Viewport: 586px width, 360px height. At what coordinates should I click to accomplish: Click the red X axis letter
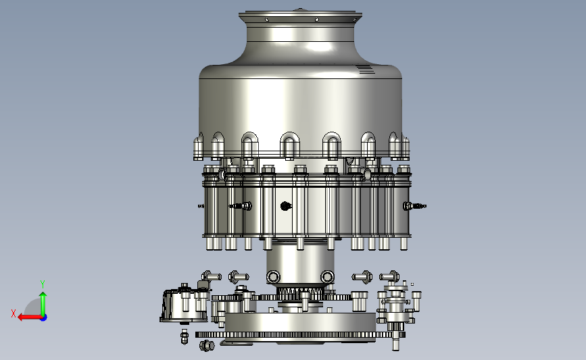[14, 313]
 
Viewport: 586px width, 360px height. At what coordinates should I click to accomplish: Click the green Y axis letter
[43, 284]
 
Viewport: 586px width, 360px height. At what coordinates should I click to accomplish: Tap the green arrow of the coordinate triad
[43, 304]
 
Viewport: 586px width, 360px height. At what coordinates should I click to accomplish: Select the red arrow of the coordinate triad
[30, 317]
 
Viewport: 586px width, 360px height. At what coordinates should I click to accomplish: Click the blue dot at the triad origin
[44, 318]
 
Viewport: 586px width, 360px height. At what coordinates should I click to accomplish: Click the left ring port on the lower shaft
[273, 277]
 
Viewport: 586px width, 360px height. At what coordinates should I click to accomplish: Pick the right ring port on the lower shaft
[327, 277]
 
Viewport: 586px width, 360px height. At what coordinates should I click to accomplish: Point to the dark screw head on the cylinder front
[285, 206]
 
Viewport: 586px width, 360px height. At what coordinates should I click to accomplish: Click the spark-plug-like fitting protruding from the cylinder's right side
[414, 206]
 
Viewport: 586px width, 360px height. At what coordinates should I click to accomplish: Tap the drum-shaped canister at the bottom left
[183, 306]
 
